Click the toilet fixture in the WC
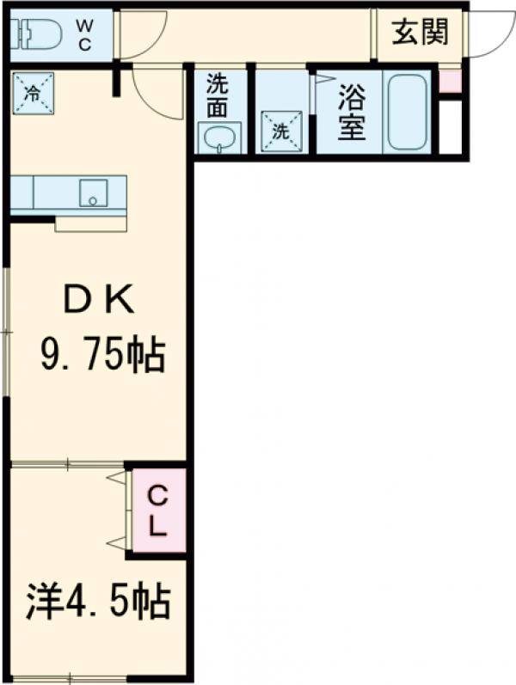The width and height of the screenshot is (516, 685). [x=37, y=34]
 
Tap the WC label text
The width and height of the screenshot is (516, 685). [x=86, y=35]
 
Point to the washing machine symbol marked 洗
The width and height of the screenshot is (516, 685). [x=281, y=131]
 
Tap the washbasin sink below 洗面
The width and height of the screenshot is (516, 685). [x=220, y=138]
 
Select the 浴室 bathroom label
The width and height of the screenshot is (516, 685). [x=352, y=111]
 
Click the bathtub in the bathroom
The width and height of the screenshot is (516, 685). [x=408, y=112]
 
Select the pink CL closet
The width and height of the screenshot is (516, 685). [x=157, y=511]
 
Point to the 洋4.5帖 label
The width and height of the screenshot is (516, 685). [x=96, y=602]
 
